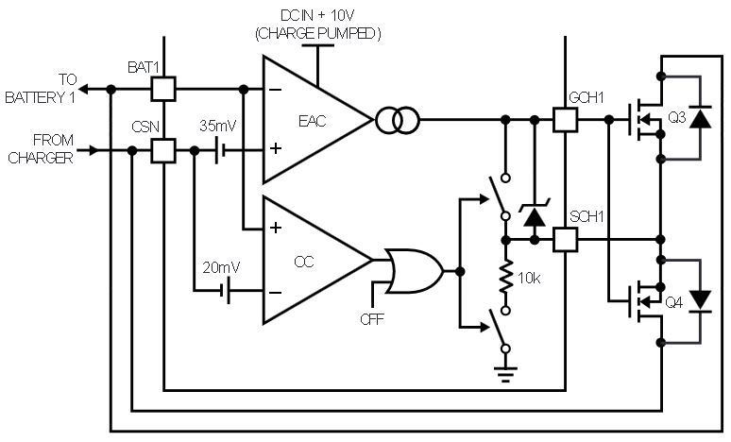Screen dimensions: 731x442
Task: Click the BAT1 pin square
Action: (x=163, y=89)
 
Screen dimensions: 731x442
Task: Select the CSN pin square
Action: (x=163, y=150)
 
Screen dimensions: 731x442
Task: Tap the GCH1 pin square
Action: (x=565, y=120)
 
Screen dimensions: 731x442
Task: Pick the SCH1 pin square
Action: (x=565, y=240)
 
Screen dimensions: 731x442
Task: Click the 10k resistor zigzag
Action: (x=506, y=277)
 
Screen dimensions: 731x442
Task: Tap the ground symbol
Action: (x=506, y=374)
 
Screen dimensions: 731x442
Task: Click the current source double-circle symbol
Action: (x=398, y=120)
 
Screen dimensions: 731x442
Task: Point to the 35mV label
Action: (x=218, y=126)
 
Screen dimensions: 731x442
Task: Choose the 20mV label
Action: (x=221, y=267)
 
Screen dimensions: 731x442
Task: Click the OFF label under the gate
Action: (x=372, y=319)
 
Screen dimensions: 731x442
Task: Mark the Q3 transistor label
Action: (x=677, y=117)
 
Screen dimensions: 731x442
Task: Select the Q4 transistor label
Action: (x=674, y=303)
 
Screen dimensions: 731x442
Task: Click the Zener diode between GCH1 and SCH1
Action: (x=535, y=213)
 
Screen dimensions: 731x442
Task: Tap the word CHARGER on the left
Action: (x=41, y=158)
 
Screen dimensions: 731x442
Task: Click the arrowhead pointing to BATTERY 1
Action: (x=83, y=89)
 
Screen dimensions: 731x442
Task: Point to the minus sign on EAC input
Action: (x=276, y=89)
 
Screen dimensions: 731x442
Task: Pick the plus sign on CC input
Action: (x=276, y=228)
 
